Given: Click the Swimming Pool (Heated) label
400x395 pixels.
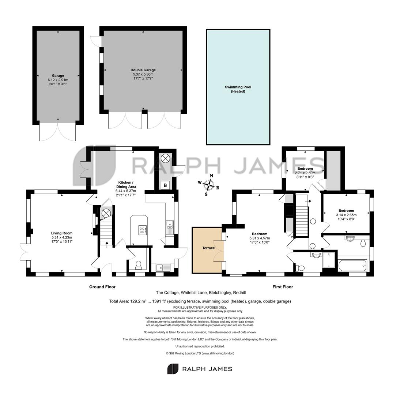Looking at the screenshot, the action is [238, 89].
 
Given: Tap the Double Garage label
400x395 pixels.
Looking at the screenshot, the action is [143, 70].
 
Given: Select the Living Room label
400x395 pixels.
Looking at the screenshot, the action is [62, 233].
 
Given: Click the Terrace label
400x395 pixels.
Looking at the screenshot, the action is [208, 248].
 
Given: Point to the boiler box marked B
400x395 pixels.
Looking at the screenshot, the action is [165, 185].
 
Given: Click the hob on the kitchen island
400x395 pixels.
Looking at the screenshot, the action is [143, 230].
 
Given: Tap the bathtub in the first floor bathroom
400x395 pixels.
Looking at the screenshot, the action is [352, 266].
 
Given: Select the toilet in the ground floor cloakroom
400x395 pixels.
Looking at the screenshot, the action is [139, 265].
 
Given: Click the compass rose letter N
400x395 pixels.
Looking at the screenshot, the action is [211, 176].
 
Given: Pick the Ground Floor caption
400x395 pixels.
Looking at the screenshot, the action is [102, 287].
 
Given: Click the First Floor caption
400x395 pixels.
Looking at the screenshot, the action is [283, 287].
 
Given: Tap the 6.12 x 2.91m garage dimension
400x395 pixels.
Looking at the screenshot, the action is [58, 80].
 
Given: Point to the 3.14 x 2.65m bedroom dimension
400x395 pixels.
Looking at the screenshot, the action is [346, 215].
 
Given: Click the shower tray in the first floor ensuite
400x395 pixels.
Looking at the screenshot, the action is [329, 260].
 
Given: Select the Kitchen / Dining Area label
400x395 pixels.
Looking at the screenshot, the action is [126, 184].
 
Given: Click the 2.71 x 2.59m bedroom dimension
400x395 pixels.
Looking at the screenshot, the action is [305, 173].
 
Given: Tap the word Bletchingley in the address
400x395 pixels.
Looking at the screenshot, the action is [220, 293].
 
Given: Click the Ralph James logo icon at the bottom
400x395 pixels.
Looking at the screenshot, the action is [173, 369].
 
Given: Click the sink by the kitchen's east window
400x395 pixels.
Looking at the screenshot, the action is [170, 227].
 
